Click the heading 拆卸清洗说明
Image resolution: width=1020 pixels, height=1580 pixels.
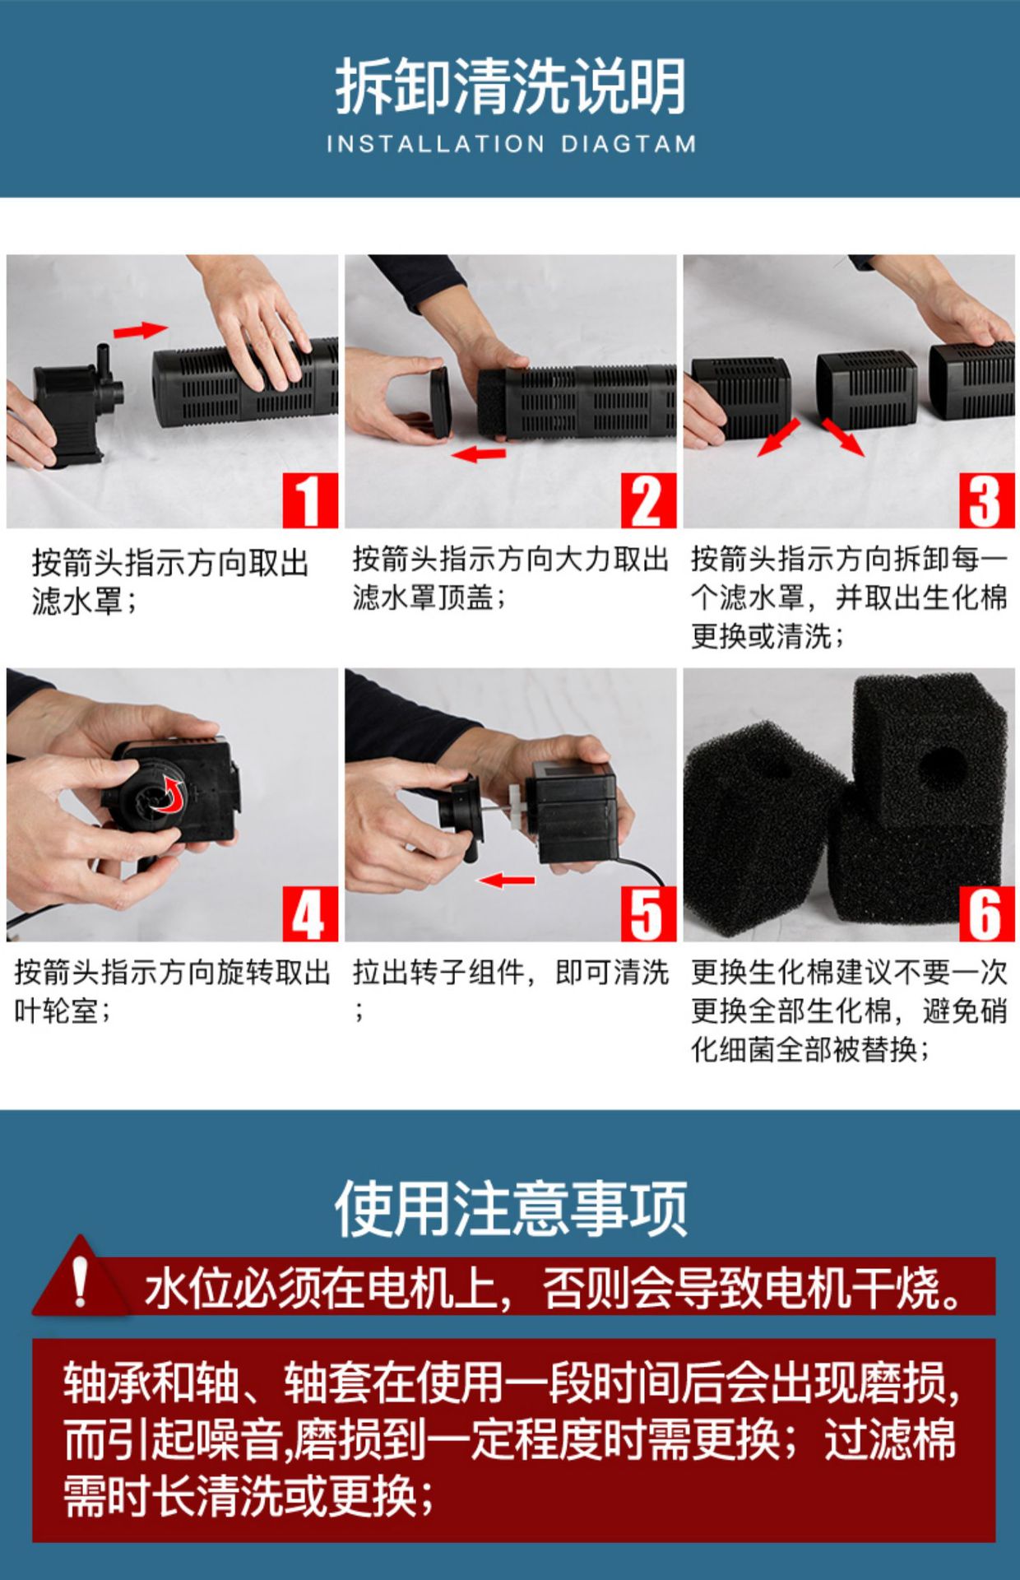click(510, 86)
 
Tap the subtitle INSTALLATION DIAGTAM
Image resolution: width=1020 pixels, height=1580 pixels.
click(511, 144)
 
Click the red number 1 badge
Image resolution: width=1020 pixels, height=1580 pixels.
click(310, 500)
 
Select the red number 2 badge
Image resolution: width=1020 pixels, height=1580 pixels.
click(648, 500)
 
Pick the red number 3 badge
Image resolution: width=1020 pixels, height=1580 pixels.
click(986, 500)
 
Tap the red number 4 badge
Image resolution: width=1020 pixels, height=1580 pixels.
click(310, 913)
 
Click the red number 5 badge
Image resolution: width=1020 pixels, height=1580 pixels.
click(648, 913)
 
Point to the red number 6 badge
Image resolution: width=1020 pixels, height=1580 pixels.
click(986, 913)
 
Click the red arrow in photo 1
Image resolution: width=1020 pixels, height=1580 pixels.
click(140, 330)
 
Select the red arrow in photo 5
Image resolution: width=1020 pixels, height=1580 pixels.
click(507, 881)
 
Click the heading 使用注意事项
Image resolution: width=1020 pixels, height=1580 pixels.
click(510, 1208)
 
